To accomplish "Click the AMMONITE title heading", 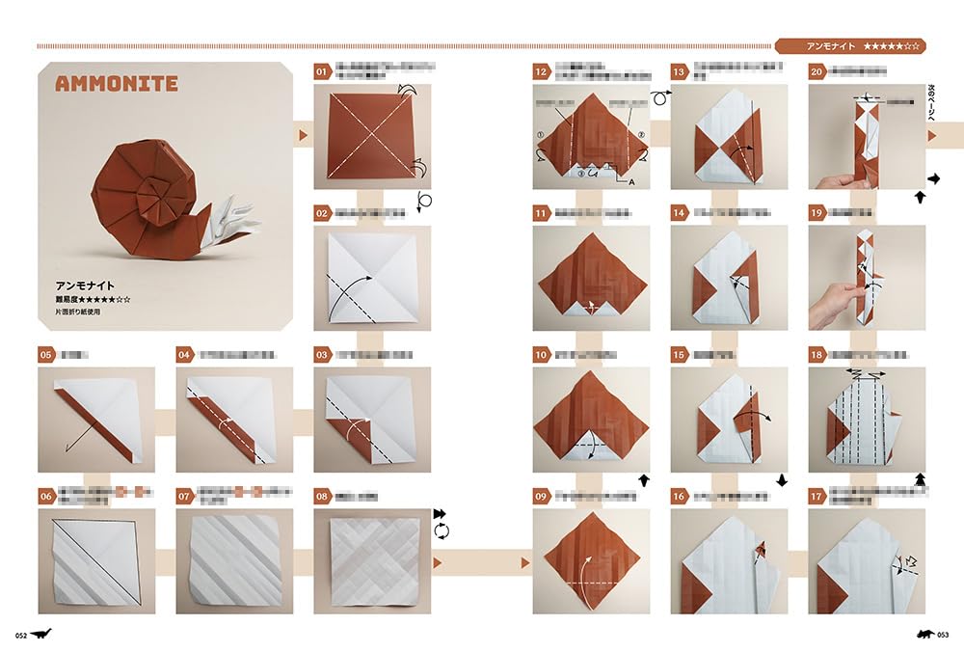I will pyautogui.click(x=116, y=84).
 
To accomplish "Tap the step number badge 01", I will pyautogui.click(x=323, y=71).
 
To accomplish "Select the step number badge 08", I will pyautogui.click(x=323, y=497).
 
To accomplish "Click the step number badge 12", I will pyautogui.click(x=542, y=71).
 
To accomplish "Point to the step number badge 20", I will pyautogui.click(x=817, y=71).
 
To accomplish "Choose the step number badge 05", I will pyautogui.click(x=46, y=355).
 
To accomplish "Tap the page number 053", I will pyautogui.click(x=942, y=635).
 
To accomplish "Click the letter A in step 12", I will pyautogui.click(x=631, y=181).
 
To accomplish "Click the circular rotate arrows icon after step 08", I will pyautogui.click(x=442, y=531).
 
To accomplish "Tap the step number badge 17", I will pyautogui.click(x=817, y=497).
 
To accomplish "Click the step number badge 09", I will pyautogui.click(x=542, y=497).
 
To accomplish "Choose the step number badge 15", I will pyautogui.click(x=680, y=355).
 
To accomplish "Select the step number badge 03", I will pyautogui.click(x=323, y=355).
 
